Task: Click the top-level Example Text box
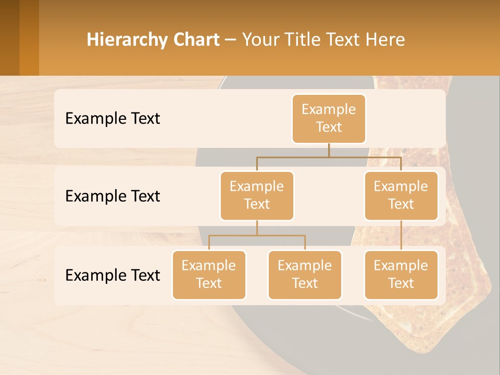click(x=329, y=118)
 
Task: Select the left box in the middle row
click(x=257, y=195)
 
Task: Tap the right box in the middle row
click(x=401, y=195)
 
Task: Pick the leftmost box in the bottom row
click(x=209, y=274)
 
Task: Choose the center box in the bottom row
click(x=305, y=274)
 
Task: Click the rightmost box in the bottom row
click(x=401, y=274)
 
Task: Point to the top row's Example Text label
click(x=113, y=119)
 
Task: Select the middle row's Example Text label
click(x=113, y=196)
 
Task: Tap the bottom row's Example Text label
click(x=113, y=276)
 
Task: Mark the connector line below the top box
click(x=329, y=150)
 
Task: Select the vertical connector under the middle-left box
click(x=257, y=228)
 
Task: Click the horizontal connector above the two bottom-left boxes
click(x=257, y=235)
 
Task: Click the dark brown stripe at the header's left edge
click(x=9, y=37)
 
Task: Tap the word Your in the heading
click(x=261, y=40)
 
